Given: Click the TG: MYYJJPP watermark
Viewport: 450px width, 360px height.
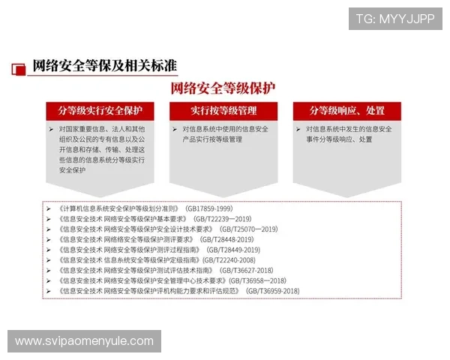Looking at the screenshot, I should pyautogui.click(x=394, y=19).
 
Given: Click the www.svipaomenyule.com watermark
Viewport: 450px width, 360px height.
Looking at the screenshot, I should pyautogui.click(x=84, y=341).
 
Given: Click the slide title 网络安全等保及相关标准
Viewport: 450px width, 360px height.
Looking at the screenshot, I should pyautogui.click(x=104, y=65).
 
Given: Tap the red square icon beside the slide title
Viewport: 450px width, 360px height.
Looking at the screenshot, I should pyautogui.click(x=17, y=68).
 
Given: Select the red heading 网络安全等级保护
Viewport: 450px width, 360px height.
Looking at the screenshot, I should pyautogui.click(x=223, y=88).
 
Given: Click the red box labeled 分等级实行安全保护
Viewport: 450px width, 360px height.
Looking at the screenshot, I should pyautogui.click(x=100, y=111).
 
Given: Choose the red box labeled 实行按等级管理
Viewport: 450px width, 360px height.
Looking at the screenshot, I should pyautogui.click(x=223, y=111).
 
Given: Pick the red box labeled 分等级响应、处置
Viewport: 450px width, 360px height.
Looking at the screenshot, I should pyautogui.click(x=346, y=111).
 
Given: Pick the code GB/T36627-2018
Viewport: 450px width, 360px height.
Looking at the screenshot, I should pyautogui.click(x=246, y=270).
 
